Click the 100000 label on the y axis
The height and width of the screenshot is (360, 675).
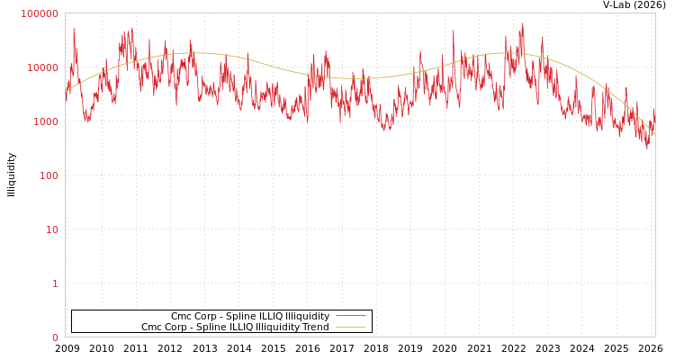tap(40, 13)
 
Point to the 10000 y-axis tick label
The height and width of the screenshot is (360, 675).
tap(42, 67)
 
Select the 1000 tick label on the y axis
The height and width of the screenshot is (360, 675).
tap(45, 121)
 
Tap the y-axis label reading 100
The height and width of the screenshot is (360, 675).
tap(48, 175)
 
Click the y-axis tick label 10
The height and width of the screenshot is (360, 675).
tap(51, 229)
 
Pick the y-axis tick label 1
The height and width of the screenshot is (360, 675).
tap(55, 283)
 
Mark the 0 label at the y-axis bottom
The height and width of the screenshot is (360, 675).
tap(55, 337)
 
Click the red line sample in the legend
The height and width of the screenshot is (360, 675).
tap(350, 316)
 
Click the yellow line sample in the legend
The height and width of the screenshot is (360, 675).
tap(350, 327)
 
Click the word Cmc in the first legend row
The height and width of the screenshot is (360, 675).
tap(183, 316)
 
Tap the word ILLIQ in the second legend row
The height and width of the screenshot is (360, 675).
tap(247, 327)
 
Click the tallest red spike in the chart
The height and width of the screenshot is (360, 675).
tap(522, 24)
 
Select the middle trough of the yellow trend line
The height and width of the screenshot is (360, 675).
tap(360, 78)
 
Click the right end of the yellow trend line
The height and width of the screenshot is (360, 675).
tap(654, 134)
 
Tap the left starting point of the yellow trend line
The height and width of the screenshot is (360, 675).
tap(66, 91)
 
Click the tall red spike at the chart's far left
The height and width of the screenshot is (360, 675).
tap(74, 30)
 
